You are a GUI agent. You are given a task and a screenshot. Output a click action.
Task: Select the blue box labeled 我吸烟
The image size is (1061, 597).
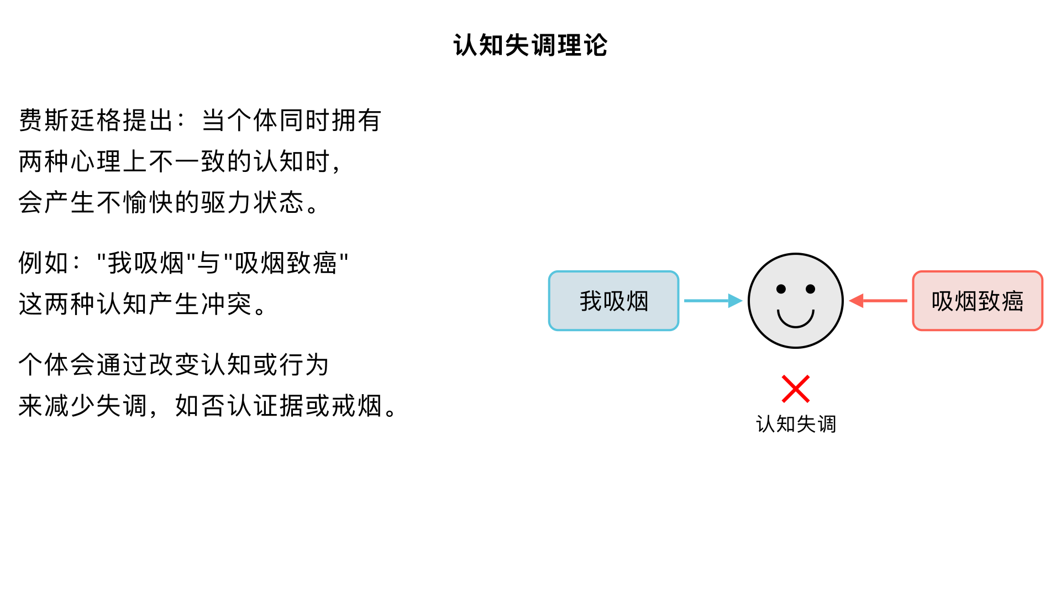tap(613, 301)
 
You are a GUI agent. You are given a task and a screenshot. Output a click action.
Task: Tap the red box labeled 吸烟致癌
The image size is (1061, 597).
tap(977, 301)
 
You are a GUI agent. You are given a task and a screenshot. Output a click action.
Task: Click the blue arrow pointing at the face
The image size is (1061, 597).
tap(712, 301)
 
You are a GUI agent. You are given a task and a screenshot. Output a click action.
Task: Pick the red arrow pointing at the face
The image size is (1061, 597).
tap(879, 301)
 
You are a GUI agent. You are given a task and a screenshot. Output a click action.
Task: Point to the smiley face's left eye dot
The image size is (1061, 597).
tap(781, 289)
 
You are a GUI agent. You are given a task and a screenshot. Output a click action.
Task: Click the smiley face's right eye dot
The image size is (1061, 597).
tap(811, 289)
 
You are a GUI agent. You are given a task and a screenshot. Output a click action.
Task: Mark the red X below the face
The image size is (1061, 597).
tap(796, 389)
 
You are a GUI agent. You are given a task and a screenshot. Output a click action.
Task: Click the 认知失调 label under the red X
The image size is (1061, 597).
tap(796, 425)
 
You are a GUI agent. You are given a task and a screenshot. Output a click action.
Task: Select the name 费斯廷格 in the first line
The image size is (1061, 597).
tap(70, 121)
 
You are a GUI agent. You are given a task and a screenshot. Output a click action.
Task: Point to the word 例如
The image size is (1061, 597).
tap(44, 263)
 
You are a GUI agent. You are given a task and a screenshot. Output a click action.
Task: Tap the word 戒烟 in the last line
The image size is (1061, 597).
tap(356, 406)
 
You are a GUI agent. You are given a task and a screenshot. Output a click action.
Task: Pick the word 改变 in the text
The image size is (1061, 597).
tap(174, 365)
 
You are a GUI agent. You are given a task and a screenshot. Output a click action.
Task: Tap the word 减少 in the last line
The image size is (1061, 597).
tap(70, 406)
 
